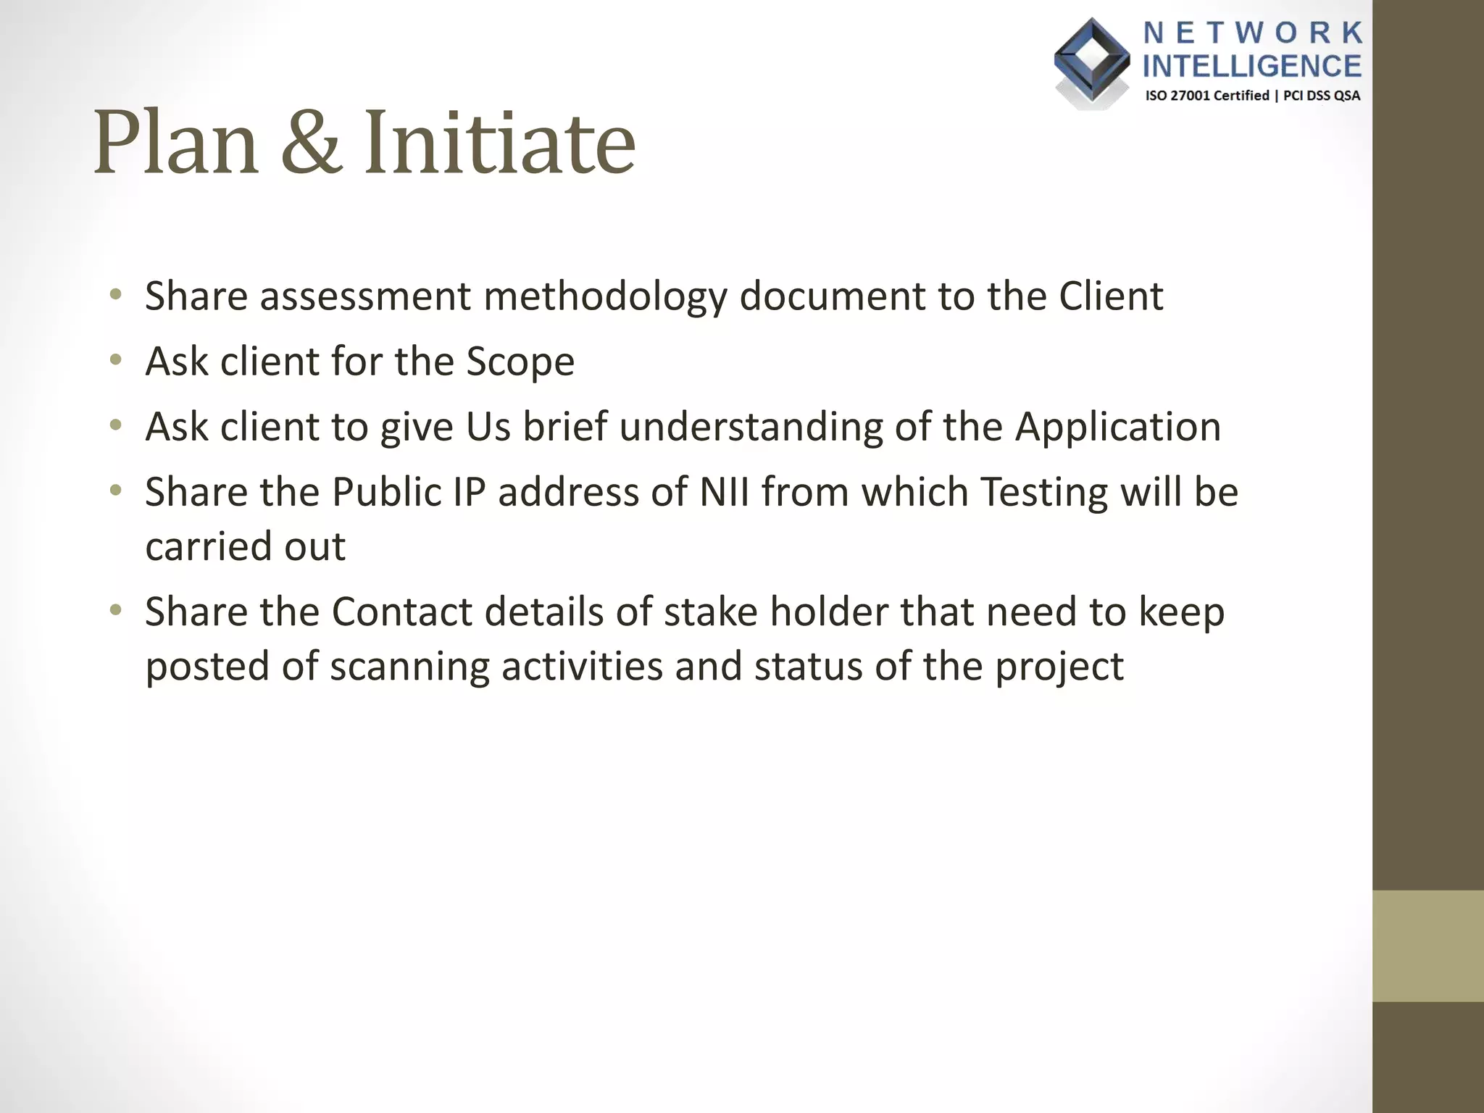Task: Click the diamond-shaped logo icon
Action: tap(1091, 61)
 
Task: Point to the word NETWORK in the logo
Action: tap(1253, 33)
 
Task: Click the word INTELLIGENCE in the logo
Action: tap(1252, 66)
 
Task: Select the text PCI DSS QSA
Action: tap(1322, 96)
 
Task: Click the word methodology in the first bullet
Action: tap(605, 296)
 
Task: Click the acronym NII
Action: tap(724, 492)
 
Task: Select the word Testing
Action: tap(1044, 492)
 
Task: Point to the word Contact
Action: tap(401, 612)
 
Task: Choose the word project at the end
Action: tap(1059, 667)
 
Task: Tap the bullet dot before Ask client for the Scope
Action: tap(115, 360)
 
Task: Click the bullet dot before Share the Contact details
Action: tap(115, 611)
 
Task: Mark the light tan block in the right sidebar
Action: tap(1427, 946)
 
